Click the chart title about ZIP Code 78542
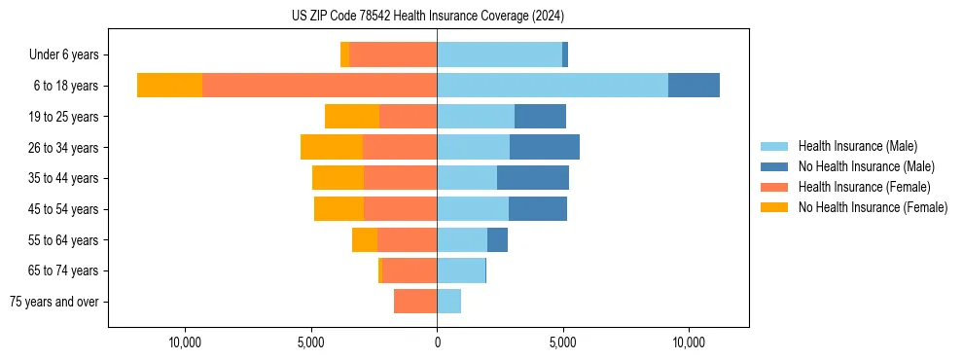click(x=427, y=16)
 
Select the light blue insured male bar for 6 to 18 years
click(x=552, y=86)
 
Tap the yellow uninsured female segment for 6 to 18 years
click(x=169, y=86)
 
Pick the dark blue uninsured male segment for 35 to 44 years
click(x=532, y=178)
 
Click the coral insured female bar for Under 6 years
click(x=392, y=54)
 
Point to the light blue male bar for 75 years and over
click(x=448, y=302)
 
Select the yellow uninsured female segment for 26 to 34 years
click(x=332, y=147)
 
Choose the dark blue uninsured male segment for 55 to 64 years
click(x=497, y=239)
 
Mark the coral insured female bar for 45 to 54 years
click(x=400, y=209)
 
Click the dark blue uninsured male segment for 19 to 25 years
click(x=540, y=117)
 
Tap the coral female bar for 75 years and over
click(x=415, y=302)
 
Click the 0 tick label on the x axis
click(x=437, y=342)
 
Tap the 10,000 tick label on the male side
click(x=689, y=342)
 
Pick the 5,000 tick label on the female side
click(x=310, y=342)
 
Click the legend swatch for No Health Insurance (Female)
click(x=773, y=207)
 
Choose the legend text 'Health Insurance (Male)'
click(x=857, y=146)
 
